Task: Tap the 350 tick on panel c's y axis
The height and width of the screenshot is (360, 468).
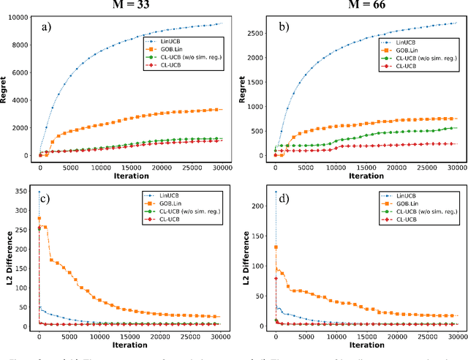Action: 23,192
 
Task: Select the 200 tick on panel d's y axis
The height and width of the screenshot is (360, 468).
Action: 259,206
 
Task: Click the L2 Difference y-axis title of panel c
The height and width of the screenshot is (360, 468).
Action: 5,260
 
